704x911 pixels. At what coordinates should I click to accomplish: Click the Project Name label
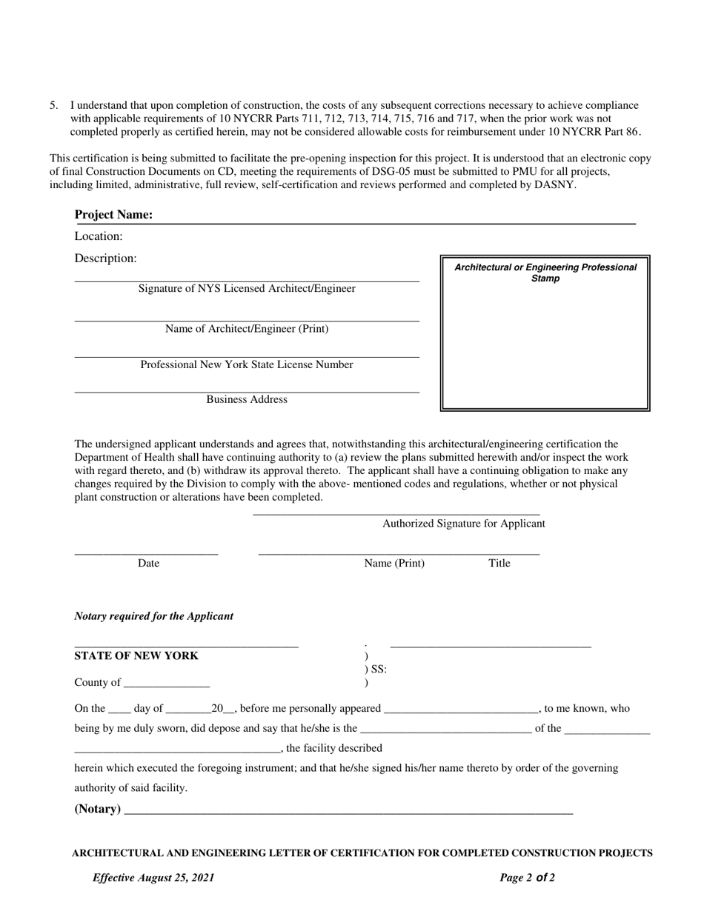coord(113,215)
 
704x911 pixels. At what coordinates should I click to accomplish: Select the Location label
coord(99,236)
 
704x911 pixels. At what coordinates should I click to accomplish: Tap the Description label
coord(105,258)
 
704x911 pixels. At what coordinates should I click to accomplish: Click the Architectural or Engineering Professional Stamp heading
coord(545,273)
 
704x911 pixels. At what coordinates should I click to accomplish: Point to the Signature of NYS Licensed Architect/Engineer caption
coord(247,289)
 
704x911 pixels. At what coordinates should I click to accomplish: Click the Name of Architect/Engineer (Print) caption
coord(247,329)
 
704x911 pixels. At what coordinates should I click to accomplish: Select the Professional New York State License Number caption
coord(247,364)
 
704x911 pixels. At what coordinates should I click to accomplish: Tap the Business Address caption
coord(247,400)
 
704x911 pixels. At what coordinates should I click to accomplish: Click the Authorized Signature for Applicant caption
coord(463,524)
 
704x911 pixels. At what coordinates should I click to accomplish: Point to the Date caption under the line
coord(148,564)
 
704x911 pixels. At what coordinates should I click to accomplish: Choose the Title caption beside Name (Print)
coord(499,564)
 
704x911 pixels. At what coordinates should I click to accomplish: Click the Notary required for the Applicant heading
coord(154,616)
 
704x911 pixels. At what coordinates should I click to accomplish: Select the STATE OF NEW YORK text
coord(136,656)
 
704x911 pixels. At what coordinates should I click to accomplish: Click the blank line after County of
coord(167,684)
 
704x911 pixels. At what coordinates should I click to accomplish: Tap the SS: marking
coord(378,670)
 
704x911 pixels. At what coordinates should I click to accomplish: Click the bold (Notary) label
coord(98,809)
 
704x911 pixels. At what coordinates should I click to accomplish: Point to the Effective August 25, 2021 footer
coord(153,878)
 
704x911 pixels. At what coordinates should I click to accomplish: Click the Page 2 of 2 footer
coord(527,878)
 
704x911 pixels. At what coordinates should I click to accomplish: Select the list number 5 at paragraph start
coord(53,105)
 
